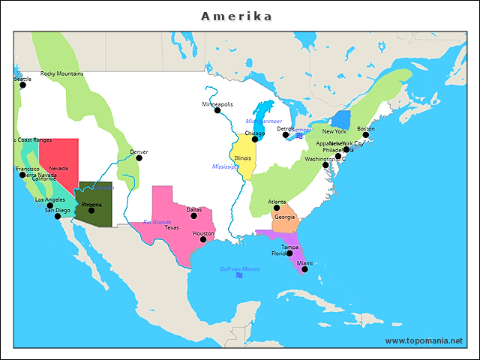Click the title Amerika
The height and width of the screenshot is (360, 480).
click(x=237, y=16)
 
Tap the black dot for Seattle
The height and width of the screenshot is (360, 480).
click(x=22, y=85)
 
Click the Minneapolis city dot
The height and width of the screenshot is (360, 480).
click(x=217, y=110)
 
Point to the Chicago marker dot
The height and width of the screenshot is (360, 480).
click(x=255, y=139)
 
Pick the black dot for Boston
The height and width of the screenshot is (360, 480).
click(x=366, y=135)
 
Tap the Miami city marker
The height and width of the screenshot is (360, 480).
click(x=304, y=269)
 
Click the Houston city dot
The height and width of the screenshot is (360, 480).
click(x=202, y=239)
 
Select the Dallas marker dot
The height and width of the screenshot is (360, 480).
click(x=193, y=216)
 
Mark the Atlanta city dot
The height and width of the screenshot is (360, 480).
click(x=276, y=208)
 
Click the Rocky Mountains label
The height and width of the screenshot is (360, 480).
click(x=61, y=73)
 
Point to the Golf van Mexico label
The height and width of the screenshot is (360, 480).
click(x=239, y=268)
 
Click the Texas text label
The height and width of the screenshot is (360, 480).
click(x=172, y=227)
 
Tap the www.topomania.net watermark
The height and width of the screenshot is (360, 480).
click(x=424, y=340)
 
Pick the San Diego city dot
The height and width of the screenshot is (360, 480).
click(x=58, y=216)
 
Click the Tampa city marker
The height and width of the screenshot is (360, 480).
click(x=289, y=253)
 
